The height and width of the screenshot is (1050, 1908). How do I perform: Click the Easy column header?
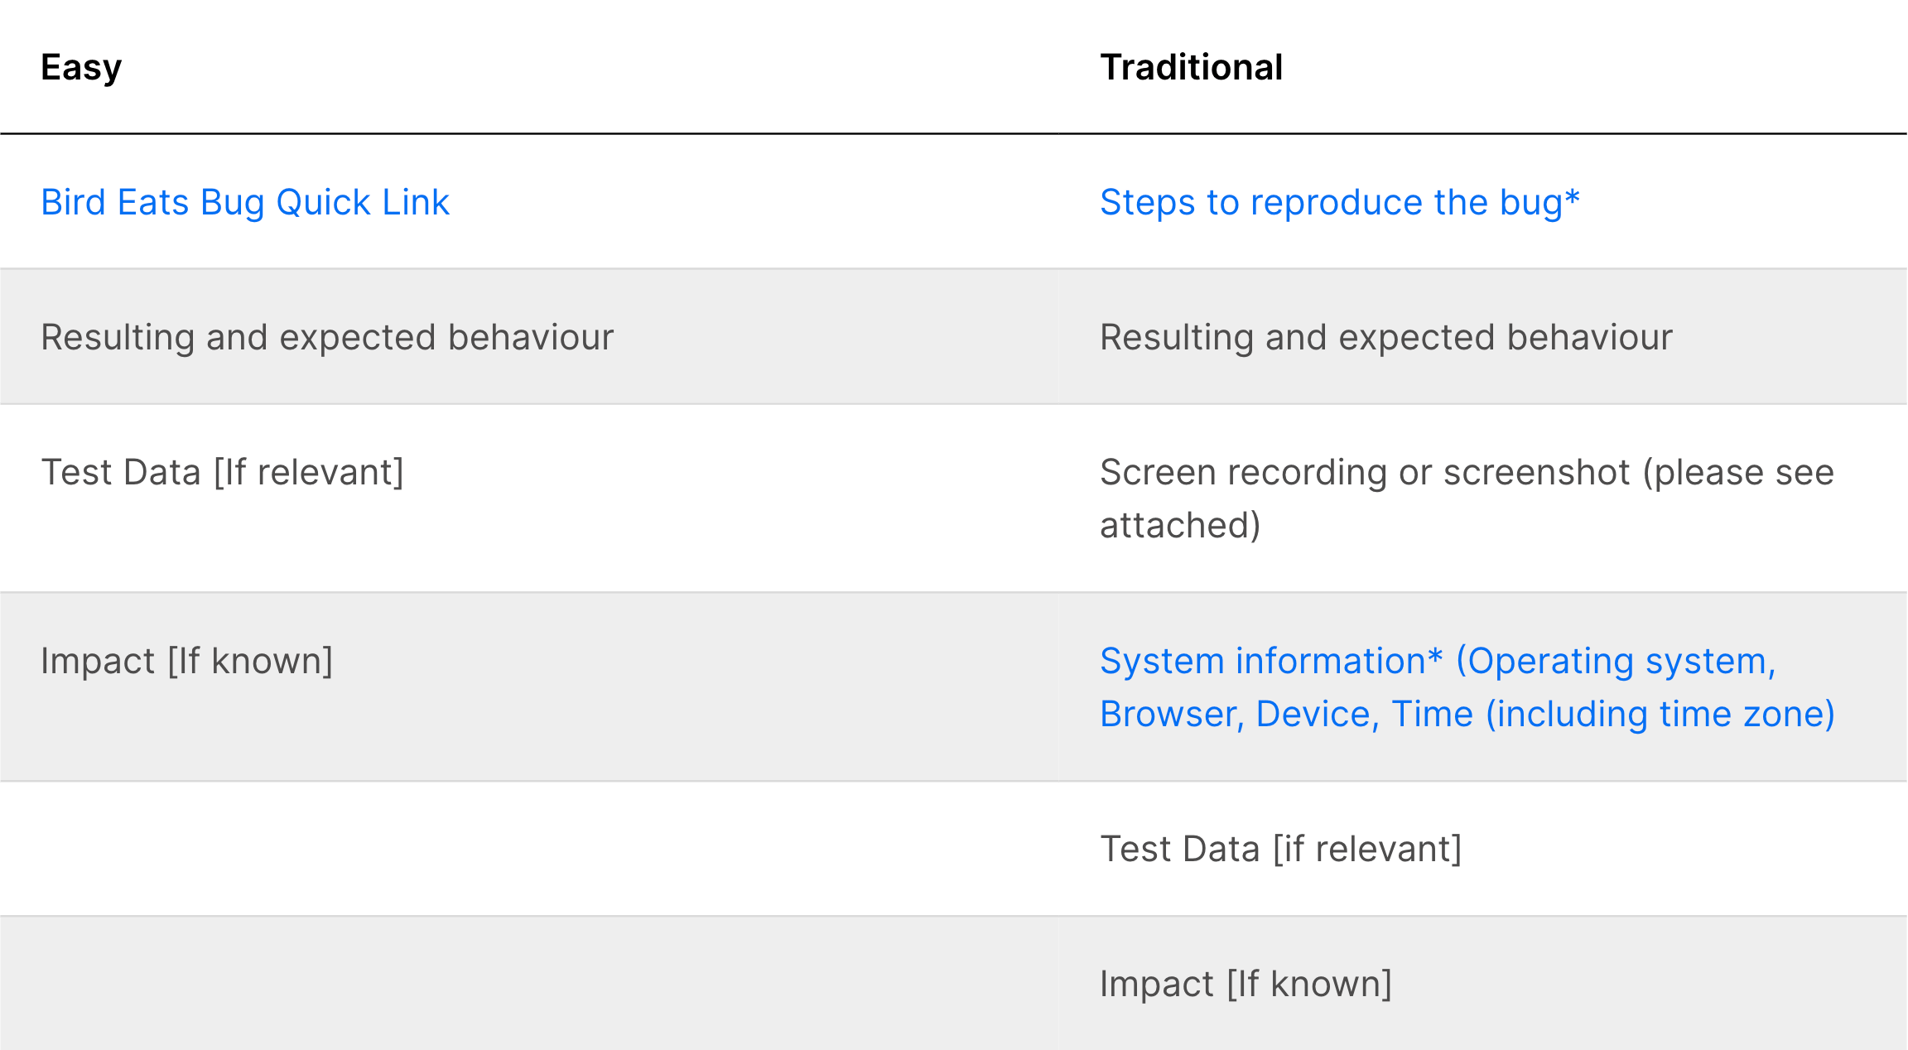[81, 67]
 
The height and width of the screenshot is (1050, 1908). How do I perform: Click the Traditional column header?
[1191, 67]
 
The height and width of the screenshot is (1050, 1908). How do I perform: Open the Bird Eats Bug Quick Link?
[245, 202]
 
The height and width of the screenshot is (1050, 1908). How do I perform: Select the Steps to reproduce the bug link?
[1339, 202]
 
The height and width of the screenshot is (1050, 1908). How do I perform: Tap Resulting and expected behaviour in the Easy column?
[327, 337]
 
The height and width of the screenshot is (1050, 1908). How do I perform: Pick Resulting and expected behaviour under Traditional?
[1385, 337]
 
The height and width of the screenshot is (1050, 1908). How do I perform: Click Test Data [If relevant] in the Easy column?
[222, 472]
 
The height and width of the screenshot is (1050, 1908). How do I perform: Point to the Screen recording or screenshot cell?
[1466, 498]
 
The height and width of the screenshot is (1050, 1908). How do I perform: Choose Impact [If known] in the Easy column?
[186, 661]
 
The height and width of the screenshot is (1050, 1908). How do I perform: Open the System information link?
[1466, 686]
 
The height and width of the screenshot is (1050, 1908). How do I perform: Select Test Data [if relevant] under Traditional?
[1280, 849]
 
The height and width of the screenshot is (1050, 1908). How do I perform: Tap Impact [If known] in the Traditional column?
[1245, 984]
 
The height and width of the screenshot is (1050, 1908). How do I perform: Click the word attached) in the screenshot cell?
[1180, 525]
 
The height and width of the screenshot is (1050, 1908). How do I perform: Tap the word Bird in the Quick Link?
[73, 202]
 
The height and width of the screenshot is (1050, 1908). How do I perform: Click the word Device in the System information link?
[1317, 714]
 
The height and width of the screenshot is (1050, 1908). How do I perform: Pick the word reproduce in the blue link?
[1336, 202]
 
